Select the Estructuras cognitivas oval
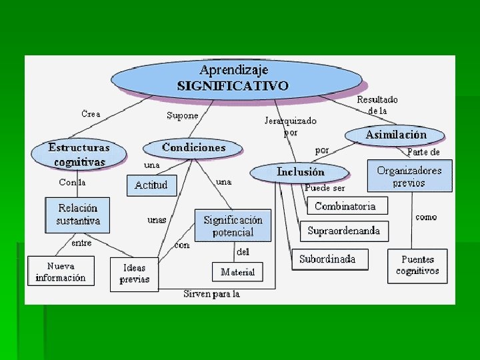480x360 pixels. pyautogui.click(x=78, y=153)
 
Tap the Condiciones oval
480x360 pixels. pyautogui.click(x=194, y=147)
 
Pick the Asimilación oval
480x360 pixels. pyautogui.click(x=395, y=135)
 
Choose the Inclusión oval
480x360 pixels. pyautogui.click(x=301, y=172)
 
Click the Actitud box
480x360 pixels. pyautogui.click(x=151, y=185)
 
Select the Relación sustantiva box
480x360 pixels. pyautogui.click(x=78, y=214)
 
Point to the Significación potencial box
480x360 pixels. pyautogui.click(x=233, y=225)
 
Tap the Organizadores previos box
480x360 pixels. pyautogui.click(x=409, y=176)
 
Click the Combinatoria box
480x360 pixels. pyautogui.click(x=345, y=206)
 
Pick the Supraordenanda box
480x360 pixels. pyautogui.click(x=343, y=231)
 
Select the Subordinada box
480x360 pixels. pyautogui.click(x=327, y=259)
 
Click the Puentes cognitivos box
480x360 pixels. pyautogui.click(x=417, y=265)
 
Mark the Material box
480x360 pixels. pyautogui.click(x=238, y=272)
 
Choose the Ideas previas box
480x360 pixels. pyautogui.click(x=134, y=274)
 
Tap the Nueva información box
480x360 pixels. pyautogui.click(x=61, y=271)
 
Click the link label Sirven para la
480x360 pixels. pyautogui.click(x=211, y=294)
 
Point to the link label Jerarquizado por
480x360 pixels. pyautogui.click(x=291, y=126)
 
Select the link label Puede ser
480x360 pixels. pyautogui.click(x=325, y=188)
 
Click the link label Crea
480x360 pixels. pyautogui.click(x=91, y=114)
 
